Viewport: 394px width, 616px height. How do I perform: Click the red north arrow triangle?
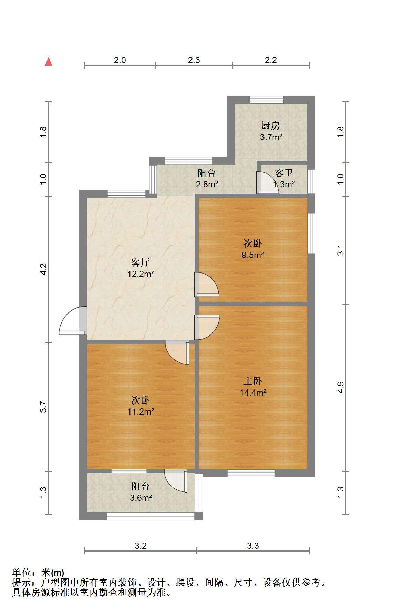49,62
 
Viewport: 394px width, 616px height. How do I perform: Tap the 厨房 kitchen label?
270,126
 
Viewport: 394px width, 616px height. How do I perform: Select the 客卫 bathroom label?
283,173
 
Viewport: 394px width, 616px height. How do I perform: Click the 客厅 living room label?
141,263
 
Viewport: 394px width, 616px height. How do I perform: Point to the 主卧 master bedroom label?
253,381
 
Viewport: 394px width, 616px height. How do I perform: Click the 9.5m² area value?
253,255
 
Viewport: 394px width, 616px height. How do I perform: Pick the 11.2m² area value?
141,411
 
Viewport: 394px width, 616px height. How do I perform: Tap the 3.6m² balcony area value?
141,498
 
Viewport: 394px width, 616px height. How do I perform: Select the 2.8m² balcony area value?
207,184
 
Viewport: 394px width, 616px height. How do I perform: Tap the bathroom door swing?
267,182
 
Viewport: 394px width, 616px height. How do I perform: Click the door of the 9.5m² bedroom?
207,285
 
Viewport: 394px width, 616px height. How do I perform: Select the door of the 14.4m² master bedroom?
207,327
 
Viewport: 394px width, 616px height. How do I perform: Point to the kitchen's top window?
267,99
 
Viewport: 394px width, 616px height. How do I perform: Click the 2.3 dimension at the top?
194,60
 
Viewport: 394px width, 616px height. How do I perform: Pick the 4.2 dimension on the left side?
43,269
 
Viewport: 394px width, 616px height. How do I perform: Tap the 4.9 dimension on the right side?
340,387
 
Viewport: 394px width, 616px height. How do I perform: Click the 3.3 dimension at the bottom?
253,546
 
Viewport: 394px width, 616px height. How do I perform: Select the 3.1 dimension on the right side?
340,250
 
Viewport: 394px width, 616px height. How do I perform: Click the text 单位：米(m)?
38,573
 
